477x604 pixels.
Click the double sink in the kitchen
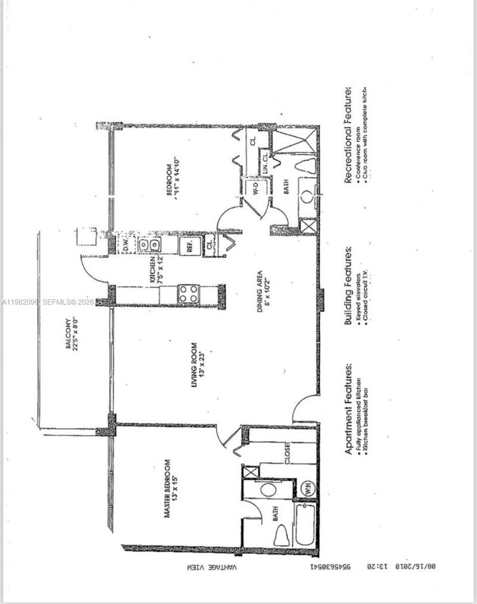(x=150, y=245)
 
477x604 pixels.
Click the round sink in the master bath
(x=267, y=490)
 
